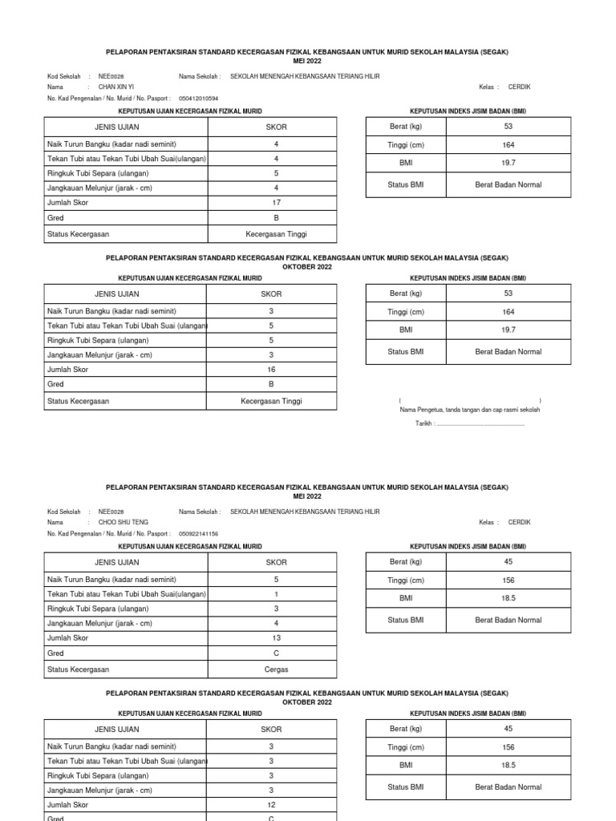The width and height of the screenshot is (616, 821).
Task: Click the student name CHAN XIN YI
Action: click(116, 87)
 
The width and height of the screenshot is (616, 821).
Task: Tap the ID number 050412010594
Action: click(198, 98)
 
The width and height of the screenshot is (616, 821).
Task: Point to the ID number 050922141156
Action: click(198, 533)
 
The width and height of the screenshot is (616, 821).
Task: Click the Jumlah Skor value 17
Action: click(276, 203)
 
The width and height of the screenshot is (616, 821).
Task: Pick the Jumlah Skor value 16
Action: click(271, 370)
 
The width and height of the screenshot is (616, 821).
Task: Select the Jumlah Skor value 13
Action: click(276, 638)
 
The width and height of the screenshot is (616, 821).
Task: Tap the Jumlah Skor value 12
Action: click(271, 804)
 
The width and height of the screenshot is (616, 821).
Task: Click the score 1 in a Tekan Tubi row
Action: click(276, 594)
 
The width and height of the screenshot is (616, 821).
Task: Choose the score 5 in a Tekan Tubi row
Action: click(271, 326)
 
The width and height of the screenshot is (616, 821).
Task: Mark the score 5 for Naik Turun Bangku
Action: click(276, 579)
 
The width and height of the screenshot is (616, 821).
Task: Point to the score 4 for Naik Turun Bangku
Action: click(276, 144)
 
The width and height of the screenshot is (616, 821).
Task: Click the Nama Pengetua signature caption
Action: click(470, 410)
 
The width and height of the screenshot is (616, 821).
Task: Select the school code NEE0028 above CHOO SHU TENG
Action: click(111, 511)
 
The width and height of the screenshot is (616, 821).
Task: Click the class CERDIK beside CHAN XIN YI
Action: click(519, 87)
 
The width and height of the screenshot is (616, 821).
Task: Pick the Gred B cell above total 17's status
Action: click(276, 218)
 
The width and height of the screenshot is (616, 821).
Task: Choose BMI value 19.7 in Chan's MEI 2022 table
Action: click(509, 163)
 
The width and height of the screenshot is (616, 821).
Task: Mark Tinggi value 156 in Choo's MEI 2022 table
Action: click(509, 580)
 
